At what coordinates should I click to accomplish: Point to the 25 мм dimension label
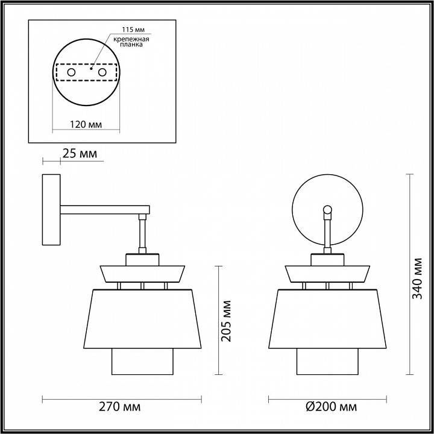80,154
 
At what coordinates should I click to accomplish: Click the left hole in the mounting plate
71,72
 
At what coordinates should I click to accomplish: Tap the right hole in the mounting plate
102,72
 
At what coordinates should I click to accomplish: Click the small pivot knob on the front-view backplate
327,210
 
